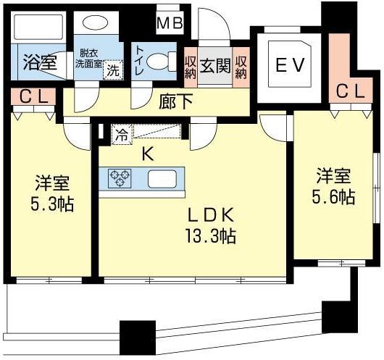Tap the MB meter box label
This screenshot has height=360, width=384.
[x=172, y=24]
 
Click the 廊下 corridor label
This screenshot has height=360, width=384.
[x=177, y=101]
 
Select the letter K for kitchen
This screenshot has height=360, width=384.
[x=146, y=153]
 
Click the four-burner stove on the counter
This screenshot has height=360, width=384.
[x=120, y=177]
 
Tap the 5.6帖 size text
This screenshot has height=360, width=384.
[x=334, y=196]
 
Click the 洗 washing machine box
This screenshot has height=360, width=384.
[x=112, y=71]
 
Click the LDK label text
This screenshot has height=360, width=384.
[x=211, y=215]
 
